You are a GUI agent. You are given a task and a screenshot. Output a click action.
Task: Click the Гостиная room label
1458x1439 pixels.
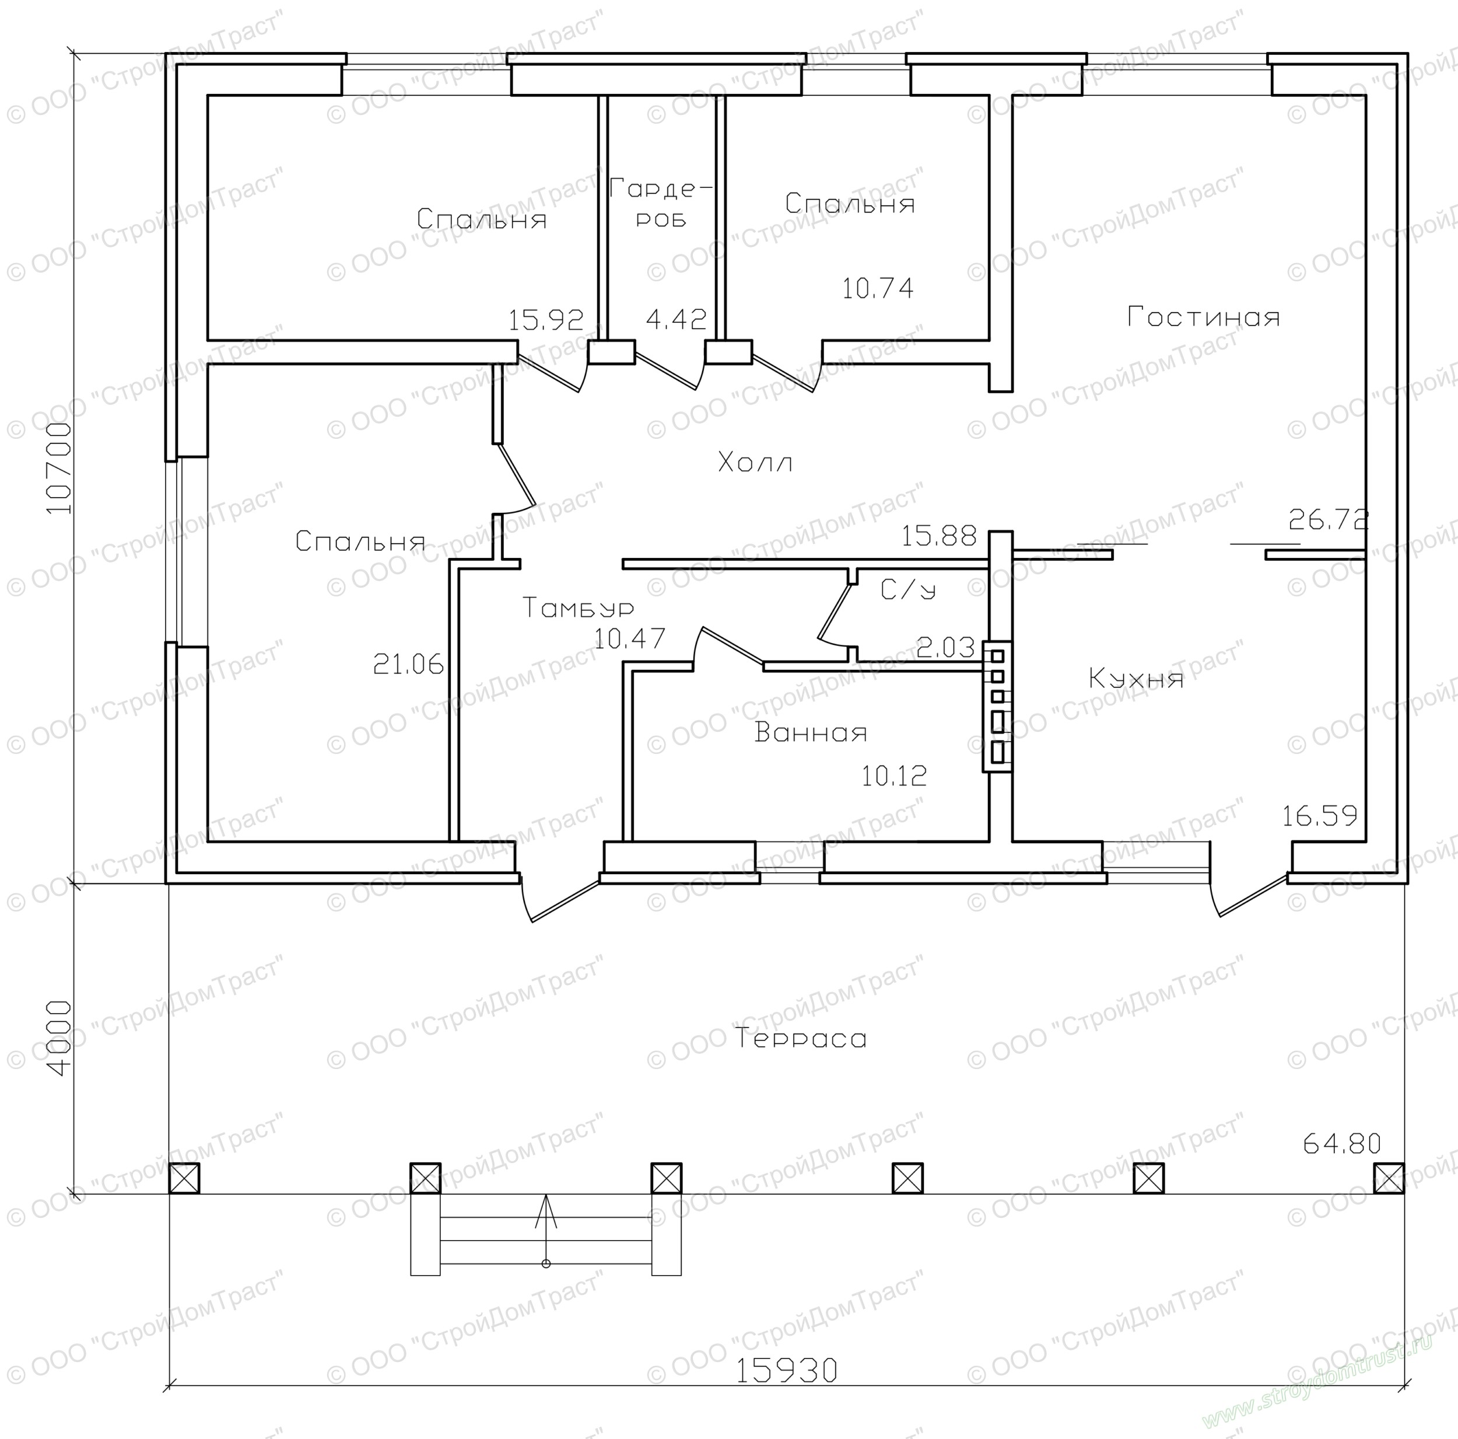click(x=1204, y=316)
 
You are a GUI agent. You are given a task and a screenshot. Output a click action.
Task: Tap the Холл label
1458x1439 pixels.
click(x=755, y=462)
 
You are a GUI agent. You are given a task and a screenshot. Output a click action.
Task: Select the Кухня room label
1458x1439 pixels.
click(x=1135, y=679)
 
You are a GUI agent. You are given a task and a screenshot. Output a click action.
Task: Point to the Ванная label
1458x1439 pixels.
click(x=811, y=732)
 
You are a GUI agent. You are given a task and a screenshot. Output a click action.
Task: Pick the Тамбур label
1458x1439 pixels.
click(x=578, y=608)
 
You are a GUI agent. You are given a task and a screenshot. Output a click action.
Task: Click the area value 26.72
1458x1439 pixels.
click(x=1328, y=519)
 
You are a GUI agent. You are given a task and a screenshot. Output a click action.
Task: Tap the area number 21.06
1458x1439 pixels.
click(x=408, y=665)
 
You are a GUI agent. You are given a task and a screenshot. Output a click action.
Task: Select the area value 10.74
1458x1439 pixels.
click(x=878, y=288)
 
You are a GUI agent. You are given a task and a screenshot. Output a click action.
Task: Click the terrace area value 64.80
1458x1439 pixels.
click(x=1342, y=1144)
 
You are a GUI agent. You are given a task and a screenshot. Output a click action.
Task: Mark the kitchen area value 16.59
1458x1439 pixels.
click(x=1319, y=815)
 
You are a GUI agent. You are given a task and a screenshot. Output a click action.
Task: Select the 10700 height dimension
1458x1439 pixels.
click(x=59, y=467)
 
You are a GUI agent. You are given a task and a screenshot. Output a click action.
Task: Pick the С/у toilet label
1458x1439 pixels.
click(x=908, y=589)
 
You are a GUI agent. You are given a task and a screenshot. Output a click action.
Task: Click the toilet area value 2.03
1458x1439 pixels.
click(x=945, y=647)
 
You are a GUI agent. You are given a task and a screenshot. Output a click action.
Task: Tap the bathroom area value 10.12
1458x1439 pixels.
click(x=894, y=776)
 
